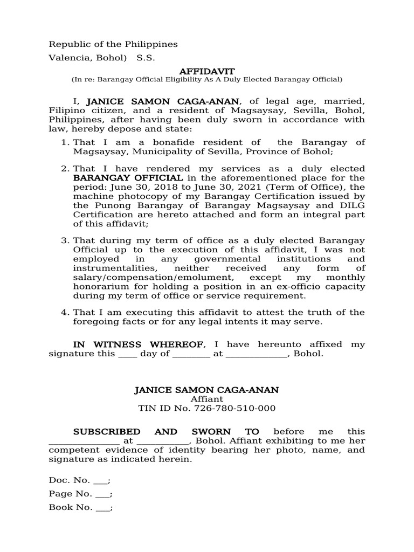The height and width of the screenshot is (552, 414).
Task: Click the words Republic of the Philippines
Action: click(113, 44)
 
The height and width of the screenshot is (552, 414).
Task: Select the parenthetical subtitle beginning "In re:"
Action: click(207, 80)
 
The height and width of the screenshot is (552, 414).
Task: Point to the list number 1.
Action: click(64, 142)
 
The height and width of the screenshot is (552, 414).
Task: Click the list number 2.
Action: click(64, 169)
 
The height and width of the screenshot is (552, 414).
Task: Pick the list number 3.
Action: click(64, 240)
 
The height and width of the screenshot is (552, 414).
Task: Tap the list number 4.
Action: click(64, 313)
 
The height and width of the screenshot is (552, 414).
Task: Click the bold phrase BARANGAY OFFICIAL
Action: click(128, 178)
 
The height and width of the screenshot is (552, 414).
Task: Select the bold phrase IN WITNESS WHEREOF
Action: click(139, 344)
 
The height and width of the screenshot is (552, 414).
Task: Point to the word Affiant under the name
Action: click(207, 399)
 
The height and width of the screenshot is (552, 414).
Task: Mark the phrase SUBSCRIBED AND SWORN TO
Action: click(166, 432)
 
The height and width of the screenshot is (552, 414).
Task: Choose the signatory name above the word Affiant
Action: click(207, 390)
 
